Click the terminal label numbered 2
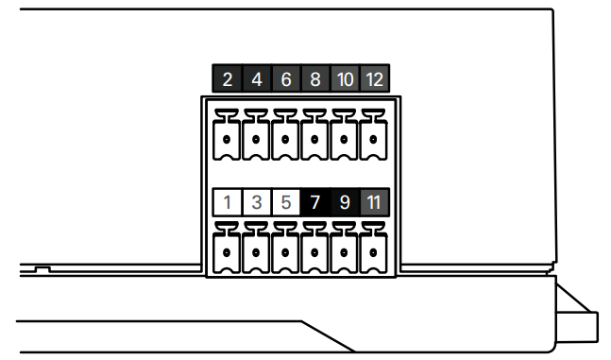point(228,78)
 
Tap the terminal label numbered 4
point(257,78)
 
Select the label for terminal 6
point(286,78)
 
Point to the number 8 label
point(315,78)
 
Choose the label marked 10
point(345,78)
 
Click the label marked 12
point(375,78)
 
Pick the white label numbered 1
point(228,202)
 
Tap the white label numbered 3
point(257,202)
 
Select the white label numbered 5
point(286,202)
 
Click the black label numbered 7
point(315,202)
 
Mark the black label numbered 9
point(345,202)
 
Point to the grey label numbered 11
point(375,202)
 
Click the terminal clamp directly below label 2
point(227,135)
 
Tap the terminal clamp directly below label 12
point(373,135)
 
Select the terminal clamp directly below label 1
point(227,249)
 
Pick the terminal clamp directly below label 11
point(373,249)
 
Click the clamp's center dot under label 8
point(314,139)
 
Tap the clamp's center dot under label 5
point(285,252)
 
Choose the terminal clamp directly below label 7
point(314,249)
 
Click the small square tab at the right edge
point(577,327)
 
